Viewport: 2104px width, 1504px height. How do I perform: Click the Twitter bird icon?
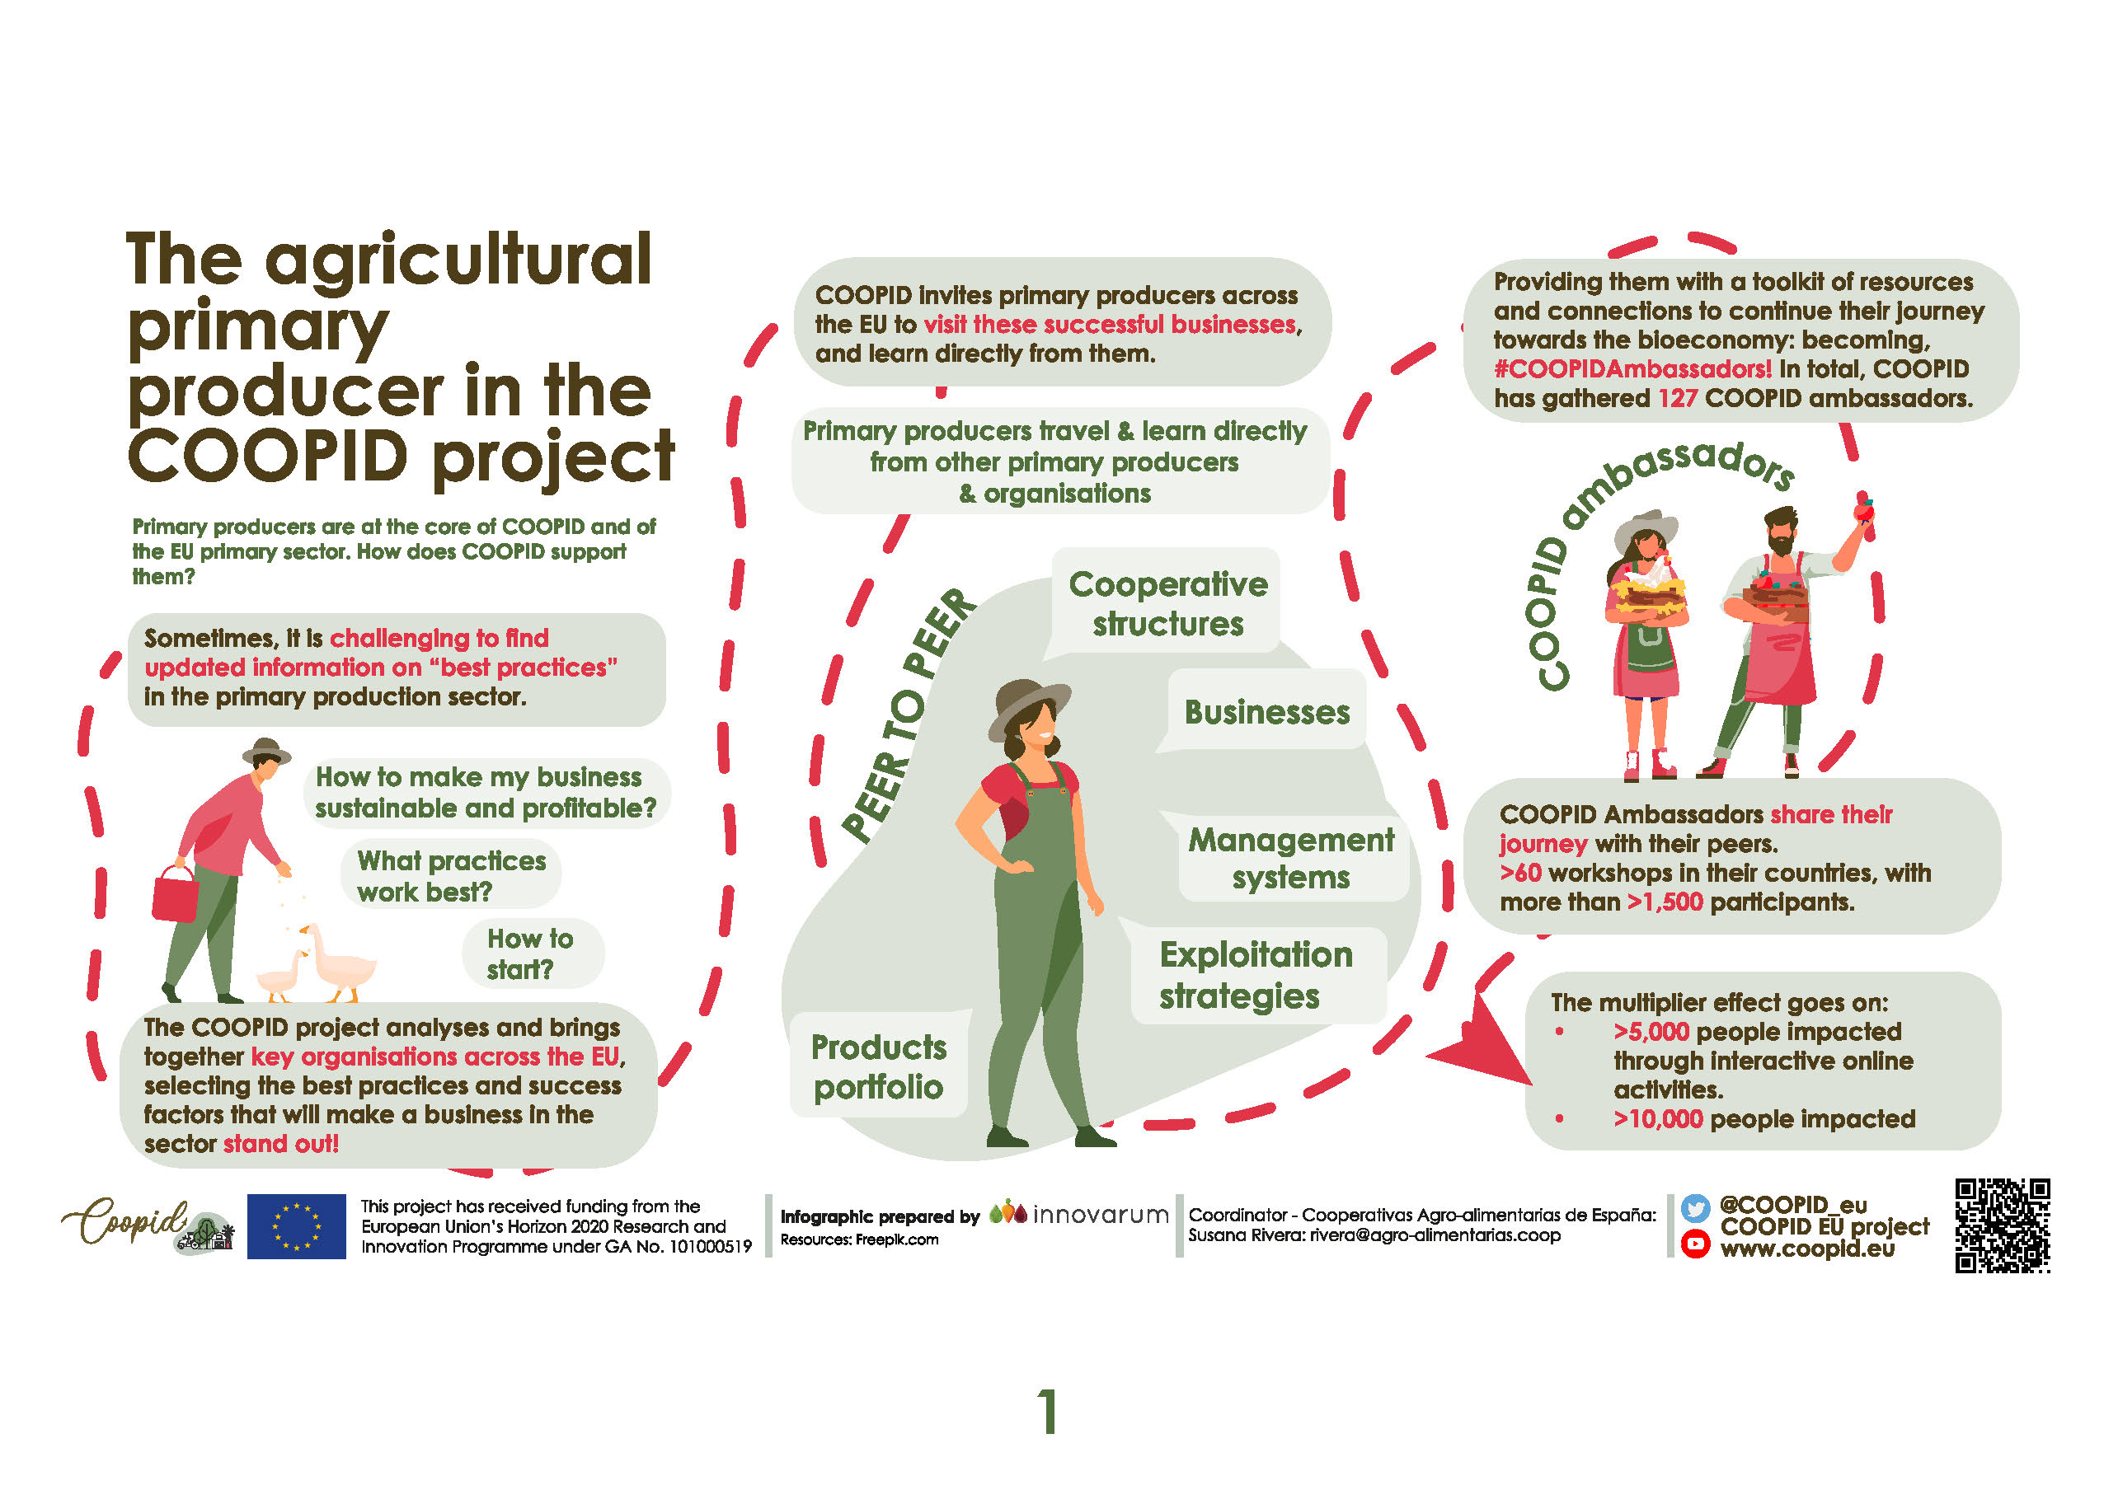coord(1694,1206)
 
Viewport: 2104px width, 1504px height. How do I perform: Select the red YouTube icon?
coord(1694,1243)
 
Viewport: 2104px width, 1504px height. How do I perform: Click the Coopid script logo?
coord(125,1221)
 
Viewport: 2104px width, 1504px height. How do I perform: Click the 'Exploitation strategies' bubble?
coord(1256,974)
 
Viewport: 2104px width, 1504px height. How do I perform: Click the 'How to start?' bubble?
coord(532,953)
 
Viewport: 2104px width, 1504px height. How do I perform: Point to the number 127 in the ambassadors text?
coord(1677,398)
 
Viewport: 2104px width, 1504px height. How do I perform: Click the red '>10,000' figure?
coord(1657,1119)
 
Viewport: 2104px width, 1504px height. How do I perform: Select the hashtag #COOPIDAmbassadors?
coord(1632,368)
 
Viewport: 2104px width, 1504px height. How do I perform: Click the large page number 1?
coord(1048,1412)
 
